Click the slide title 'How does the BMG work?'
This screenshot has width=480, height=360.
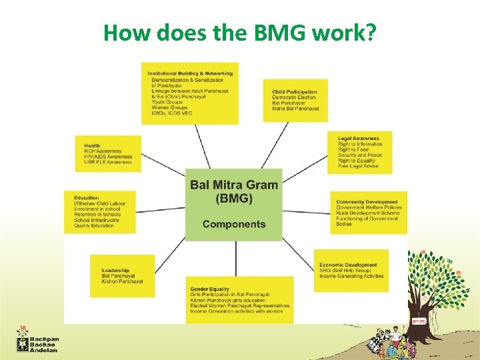click(240, 31)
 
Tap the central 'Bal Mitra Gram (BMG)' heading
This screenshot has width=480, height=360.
click(234, 191)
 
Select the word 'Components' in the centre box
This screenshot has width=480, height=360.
click(234, 224)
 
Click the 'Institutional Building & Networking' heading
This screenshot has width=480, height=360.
click(190, 73)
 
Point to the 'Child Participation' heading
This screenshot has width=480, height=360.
click(294, 92)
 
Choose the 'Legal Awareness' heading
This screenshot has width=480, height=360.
click(359, 139)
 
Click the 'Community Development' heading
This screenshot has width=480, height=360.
click(367, 202)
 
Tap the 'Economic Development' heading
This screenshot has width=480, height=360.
click(348, 265)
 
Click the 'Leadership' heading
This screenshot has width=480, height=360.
click(115, 270)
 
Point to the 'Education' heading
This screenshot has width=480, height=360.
click(87, 198)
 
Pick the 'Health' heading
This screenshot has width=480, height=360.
click(92, 145)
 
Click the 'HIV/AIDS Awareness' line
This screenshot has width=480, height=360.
click(107, 157)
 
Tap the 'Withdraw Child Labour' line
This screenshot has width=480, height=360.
click(100, 203)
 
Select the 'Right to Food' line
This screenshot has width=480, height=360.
click(354, 150)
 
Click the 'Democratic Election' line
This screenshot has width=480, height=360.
click(294, 98)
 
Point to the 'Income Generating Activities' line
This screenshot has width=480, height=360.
click(351, 276)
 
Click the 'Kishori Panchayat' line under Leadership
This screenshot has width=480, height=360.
click(122, 281)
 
